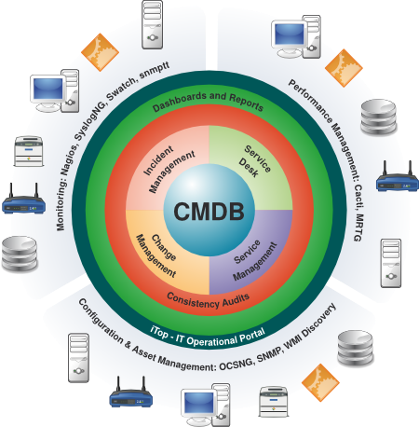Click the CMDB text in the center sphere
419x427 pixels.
tap(209, 212)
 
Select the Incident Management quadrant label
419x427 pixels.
tap(169, 169)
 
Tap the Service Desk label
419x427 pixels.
tap(254, 161)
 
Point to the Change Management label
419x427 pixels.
tap(156, 255)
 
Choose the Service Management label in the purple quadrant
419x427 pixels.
tap(254, 260)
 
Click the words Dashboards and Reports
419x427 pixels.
tap(208, 101)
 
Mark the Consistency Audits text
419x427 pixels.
tap(208, 301)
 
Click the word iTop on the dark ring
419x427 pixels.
tap(159, 333)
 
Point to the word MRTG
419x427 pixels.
tap(358, 227)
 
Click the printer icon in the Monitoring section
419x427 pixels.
tap(29, 151)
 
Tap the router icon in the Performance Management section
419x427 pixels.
tap(397, 176)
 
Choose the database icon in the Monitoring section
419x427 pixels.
tap(20, 254)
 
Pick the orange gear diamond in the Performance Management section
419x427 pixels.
tap(344, 68)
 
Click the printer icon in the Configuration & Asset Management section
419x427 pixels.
tap(274, 402)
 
